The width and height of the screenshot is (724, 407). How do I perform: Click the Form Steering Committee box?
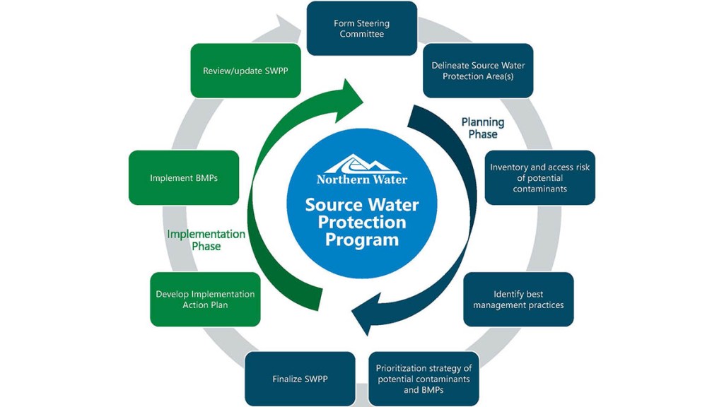(x=361, y=28)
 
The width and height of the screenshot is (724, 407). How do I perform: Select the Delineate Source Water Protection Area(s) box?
(x=478, y=71)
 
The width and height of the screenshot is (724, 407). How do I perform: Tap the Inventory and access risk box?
(x=539, y=177)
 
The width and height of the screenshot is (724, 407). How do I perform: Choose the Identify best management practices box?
(x=518, y=299)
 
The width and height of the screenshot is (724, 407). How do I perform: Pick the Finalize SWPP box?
(x=300, y=379)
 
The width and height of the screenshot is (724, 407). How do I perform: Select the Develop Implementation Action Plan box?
(x=205, y=299)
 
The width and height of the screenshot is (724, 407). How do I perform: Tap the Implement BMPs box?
(x=184, y=178)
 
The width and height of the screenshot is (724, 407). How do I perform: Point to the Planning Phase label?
(x=483, y=128)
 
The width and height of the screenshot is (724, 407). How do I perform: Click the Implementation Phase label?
(x=206, y=240)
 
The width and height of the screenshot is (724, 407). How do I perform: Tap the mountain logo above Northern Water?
(x=362, y=163)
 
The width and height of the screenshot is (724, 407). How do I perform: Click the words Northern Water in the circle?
(x=362, y=179)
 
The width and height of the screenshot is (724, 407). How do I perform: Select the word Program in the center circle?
(x=362, y=240)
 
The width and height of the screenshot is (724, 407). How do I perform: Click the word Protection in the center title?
(x=362, y=223)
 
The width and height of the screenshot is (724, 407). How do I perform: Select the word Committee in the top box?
(x=361, y=34)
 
